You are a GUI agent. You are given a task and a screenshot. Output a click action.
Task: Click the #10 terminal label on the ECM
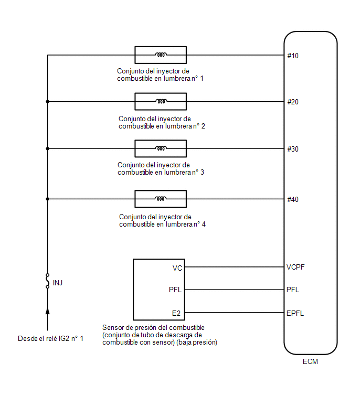click(x=293, y=56)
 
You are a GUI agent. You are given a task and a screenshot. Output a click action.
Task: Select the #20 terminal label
click(x=293, y=102)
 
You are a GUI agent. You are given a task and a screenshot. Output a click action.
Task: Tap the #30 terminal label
click(x=293, y=149)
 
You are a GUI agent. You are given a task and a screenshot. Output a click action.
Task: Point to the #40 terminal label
click(x=293, y=199)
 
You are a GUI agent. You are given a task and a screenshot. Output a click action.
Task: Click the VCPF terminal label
click(x=295, y=267)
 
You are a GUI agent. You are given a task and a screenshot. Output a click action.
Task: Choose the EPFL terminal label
click(x=295, y=313)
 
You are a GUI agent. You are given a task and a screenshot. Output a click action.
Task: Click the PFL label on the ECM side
click(x=293, y=290)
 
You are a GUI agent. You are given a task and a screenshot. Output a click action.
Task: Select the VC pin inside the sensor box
click(x=177, y=268)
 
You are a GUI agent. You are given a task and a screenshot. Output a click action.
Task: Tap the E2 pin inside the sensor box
click(x=176, y=313)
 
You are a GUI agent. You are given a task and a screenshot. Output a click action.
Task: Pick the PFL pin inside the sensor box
click(x=175, y=290)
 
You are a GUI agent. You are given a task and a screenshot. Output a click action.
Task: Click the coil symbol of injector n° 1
click(x=161, y=55)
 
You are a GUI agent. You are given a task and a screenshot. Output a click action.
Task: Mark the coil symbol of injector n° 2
click(x=161, y=101)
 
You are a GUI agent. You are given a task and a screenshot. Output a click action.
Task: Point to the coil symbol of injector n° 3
click(x=161, y=148)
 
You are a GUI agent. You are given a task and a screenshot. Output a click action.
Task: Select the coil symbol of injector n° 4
click(x=161, y=198)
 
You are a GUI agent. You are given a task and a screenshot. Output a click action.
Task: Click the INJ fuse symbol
click(x=47, y=281)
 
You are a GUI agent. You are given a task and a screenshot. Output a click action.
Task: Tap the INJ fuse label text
click(x=58, y=283)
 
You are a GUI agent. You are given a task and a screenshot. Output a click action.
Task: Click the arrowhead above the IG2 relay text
click(x=48, y=311)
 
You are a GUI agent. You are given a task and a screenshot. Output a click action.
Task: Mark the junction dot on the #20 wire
click(x=48, y=102)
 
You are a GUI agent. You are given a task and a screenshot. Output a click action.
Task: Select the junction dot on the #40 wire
click(x=48, y=199)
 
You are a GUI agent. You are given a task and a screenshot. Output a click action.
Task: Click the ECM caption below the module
click(x=310, y=362)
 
